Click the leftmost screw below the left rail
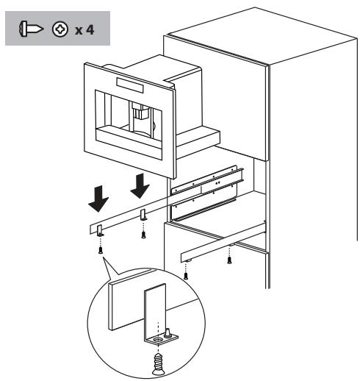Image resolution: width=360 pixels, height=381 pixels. click(x=101, y=248)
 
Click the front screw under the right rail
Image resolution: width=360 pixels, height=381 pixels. click(x=187, y=274)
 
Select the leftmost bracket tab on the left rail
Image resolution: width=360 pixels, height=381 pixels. click(x=101, y=229)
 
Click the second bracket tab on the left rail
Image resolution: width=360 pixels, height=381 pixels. click(x=143, y=216)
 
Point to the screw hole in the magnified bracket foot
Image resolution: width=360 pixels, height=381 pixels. click(x=156, y=340)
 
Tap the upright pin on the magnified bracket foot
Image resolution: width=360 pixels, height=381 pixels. click(x=169, y=333)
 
